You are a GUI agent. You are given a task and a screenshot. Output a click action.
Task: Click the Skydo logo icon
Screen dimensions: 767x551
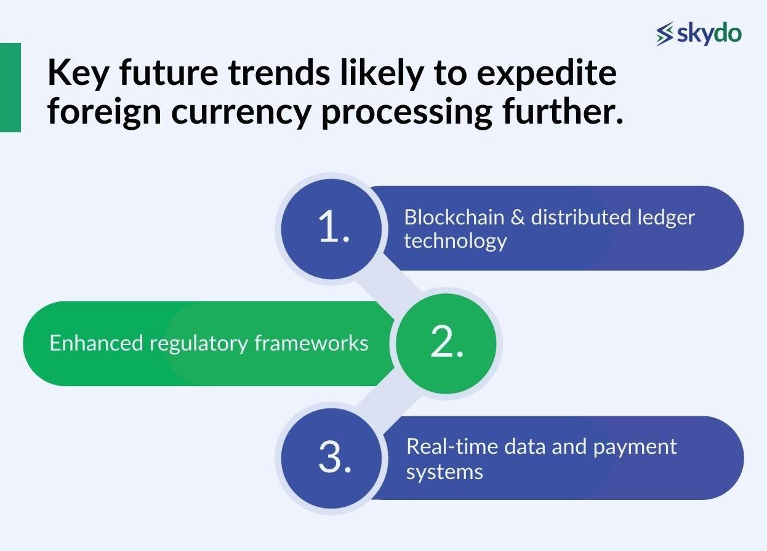[665, 34]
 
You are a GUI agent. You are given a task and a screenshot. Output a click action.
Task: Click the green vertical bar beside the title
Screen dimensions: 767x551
[10, 87]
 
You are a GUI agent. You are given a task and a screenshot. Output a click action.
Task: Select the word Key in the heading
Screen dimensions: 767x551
[78, 74]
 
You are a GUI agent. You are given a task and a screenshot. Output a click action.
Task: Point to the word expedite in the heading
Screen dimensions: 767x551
[547, 74]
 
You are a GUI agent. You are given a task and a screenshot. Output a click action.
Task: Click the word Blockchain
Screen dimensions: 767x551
[454, 217]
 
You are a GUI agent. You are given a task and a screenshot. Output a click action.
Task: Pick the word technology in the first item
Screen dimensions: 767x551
[456, 242]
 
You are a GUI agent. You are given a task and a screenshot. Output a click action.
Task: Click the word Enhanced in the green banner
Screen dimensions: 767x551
[96, 343]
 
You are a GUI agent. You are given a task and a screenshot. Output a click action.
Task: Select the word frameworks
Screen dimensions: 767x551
[311, 343]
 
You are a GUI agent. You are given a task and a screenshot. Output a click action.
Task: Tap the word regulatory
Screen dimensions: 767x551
[199, 344]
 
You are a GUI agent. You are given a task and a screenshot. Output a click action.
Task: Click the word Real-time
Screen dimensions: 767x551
[452, 446]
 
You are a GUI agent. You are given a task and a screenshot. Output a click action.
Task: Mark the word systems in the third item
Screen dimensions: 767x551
[444, 472]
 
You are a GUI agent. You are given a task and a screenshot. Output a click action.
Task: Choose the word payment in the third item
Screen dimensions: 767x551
[635, 448]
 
